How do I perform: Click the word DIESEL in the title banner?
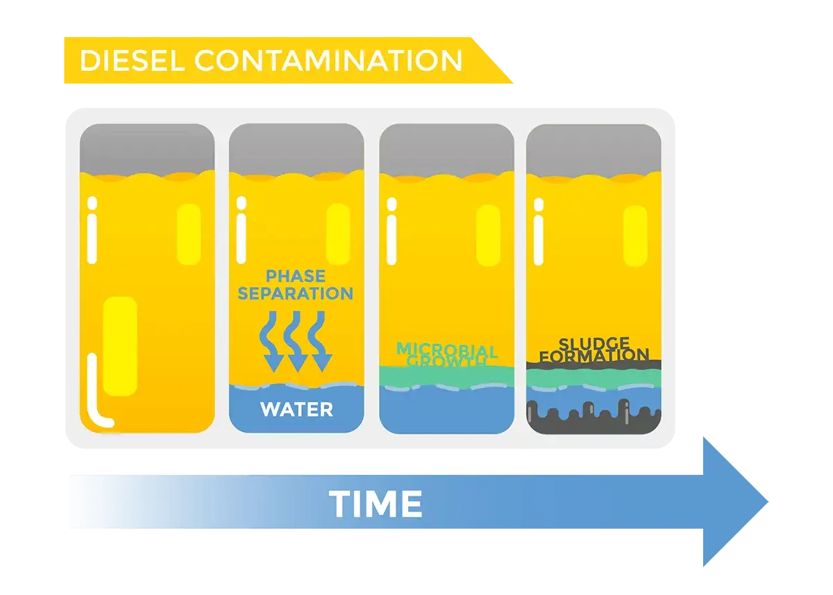(x=132, y=60)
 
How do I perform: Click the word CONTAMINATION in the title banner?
(x=328, y=60)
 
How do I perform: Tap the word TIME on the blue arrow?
(x=376, y=504)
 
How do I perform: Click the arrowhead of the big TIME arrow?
(x=734, y=502)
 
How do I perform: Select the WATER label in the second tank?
(x=297, y=410)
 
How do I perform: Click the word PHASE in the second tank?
(x=296, y=276)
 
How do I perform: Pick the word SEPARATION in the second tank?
(x=296, y=294)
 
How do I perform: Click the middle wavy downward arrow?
(x=296, y=342)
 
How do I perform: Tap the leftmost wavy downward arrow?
(x=272, y=342)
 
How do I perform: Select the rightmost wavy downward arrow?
(x=320, y=342)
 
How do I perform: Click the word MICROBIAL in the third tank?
(x=447, y=350)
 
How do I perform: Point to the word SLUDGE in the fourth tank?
(x=594, y=344)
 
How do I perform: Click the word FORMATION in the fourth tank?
(x=594, y=355)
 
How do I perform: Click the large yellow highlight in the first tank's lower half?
(x=119, y=346)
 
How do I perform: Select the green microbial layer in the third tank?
(x=446, y=376)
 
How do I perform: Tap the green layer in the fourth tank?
(x=594, y=378)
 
